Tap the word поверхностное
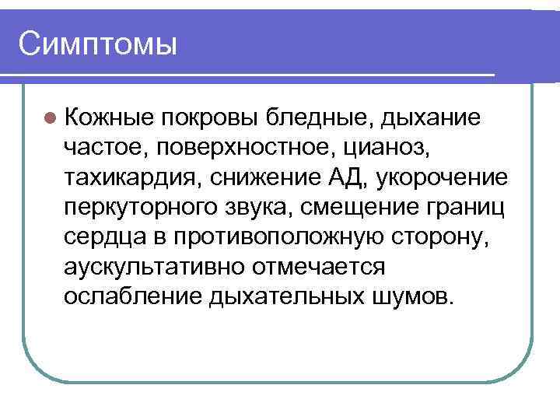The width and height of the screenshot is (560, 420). (x=236, y=147)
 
